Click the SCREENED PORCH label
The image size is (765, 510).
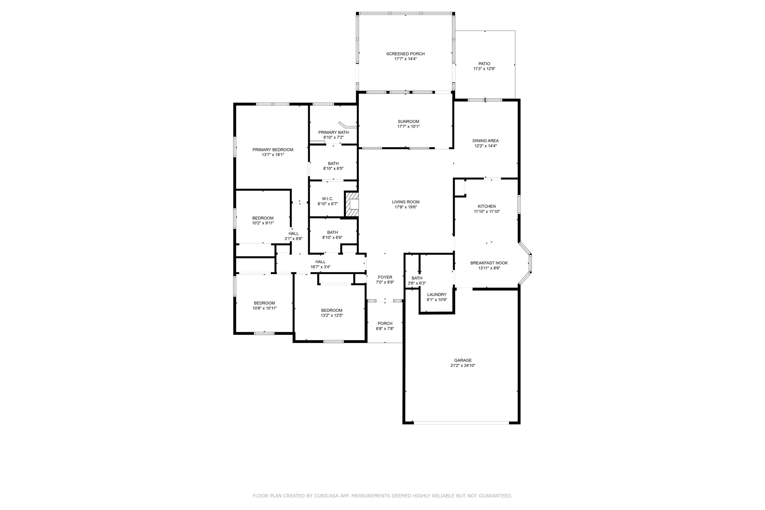point(405,54)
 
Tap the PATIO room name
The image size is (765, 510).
point(484,64)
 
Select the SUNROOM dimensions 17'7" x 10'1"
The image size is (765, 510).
point(408,126)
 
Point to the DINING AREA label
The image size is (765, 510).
point(485,141)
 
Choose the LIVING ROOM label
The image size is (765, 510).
point(406,202)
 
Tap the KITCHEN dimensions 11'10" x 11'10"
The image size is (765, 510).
point(487,211)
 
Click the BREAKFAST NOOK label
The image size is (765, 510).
point(489,263)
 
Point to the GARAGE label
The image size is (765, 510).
point(463,360)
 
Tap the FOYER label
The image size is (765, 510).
point(385,277)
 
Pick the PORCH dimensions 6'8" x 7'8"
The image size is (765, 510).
point(385,328)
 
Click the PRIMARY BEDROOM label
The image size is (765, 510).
point(273,150)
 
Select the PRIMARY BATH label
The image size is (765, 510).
point(333,132)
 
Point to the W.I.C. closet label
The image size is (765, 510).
point(327,199)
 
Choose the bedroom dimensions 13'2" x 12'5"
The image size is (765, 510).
point(332,315)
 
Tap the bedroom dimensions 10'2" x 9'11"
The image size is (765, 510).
point(263,223)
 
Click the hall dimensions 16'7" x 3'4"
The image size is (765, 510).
point(320,267)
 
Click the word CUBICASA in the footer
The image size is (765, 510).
point(327,496)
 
